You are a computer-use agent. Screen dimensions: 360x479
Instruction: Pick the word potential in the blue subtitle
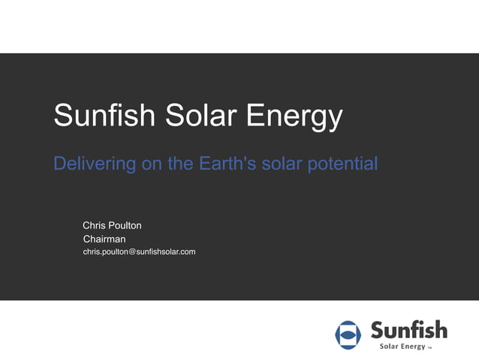(342, 163)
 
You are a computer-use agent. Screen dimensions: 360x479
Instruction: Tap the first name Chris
(95, 225)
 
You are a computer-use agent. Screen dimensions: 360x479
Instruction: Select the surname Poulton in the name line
(125, 225)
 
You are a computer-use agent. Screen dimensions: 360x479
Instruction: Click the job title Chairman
(104, 239)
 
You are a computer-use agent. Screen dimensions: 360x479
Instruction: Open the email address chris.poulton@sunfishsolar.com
(139, 252)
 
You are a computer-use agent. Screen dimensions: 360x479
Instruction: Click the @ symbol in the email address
(132, 252)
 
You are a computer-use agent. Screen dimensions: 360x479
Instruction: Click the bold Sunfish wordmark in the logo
(408, 329)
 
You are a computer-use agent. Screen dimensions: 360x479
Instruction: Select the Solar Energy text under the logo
(402, 346)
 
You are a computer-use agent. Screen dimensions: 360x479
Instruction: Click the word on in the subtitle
(152, 163)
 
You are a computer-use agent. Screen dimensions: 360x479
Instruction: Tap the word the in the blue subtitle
(181, 162)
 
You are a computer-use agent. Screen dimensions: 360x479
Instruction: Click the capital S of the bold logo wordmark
(378, 329)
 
